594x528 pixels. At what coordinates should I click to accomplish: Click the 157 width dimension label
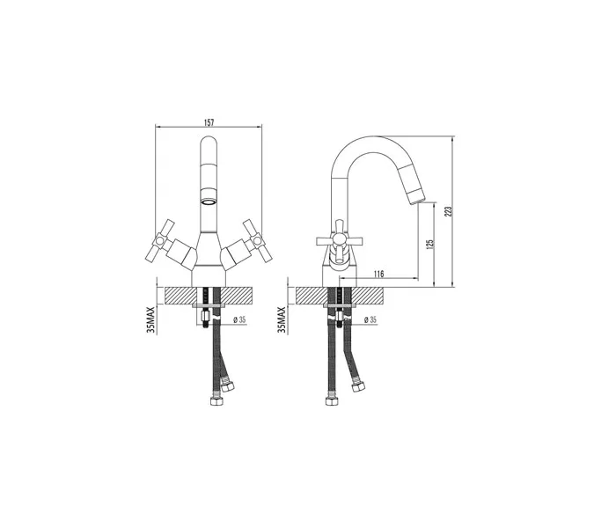tap(209, 122)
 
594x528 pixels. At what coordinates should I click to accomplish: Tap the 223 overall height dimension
tap(449, 211)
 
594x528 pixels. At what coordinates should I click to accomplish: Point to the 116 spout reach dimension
tap(378, 274)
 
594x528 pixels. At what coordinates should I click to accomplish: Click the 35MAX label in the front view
tap(151, 319)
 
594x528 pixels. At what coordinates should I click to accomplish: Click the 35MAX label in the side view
tap(282, 319)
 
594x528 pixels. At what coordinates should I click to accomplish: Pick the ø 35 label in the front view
tap(239, 320)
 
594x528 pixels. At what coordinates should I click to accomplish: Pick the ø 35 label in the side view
tap(370, 320)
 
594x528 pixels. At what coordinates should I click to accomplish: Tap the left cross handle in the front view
tap(160, 241)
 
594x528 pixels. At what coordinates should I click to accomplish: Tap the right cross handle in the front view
tap(258, 241)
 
